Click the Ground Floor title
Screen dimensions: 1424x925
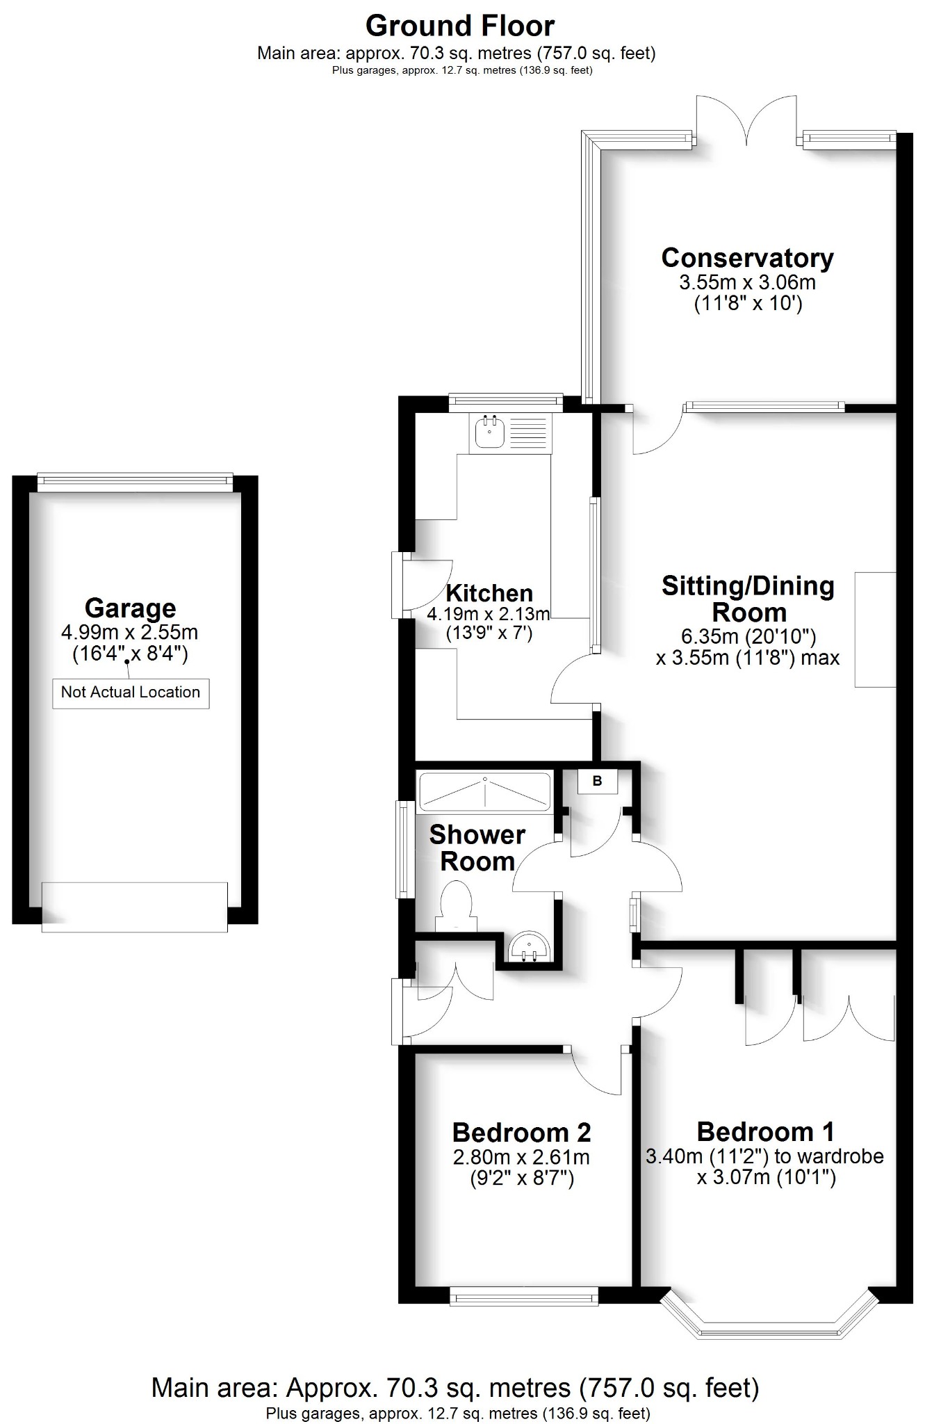pos(460,26)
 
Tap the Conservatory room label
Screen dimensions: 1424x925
pos(747,258)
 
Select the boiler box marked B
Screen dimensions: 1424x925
pos(597,782)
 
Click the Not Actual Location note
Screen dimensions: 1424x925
pos(131,693)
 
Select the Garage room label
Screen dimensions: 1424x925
pos(130,608)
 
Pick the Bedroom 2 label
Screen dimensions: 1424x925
pos(521,1133)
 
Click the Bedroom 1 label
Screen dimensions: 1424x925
pos(765,1132)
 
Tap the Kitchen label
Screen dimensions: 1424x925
pos(489,593)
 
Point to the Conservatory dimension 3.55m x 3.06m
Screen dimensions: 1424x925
pos(747,283)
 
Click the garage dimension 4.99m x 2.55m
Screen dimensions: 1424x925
pos(130,633)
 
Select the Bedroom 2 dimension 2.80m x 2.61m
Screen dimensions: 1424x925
pos(521,1158)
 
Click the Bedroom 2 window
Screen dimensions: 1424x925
pos(524,1295)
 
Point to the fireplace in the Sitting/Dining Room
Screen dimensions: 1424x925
pos(875,630)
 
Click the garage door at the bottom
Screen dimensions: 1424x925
pos(135,907)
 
